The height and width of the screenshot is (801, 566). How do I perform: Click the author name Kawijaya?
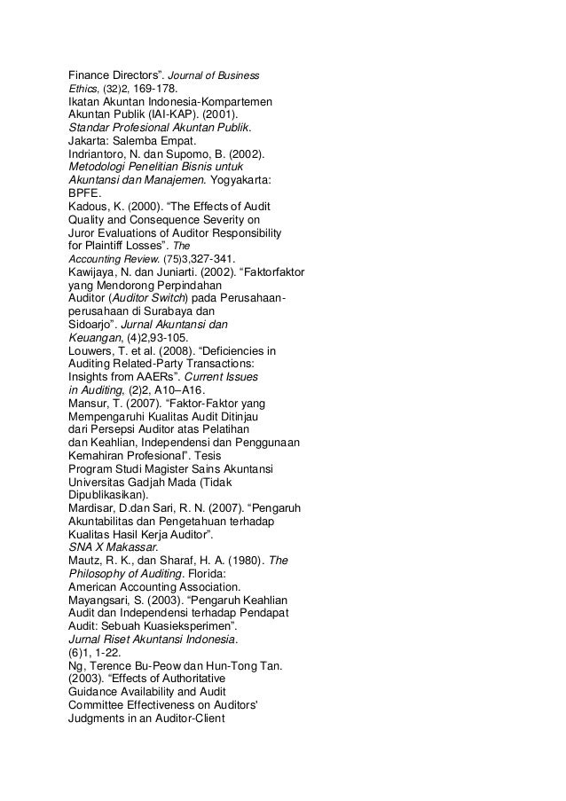[x=96, y=274]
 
